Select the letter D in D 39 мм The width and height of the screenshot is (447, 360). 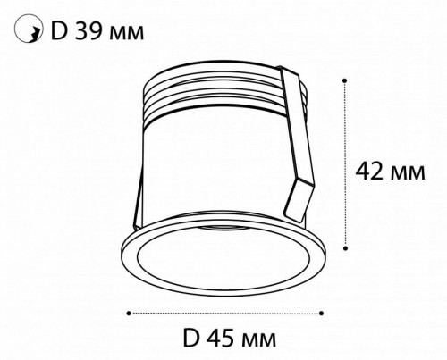[x=59, y=31]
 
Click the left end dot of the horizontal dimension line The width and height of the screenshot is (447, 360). [x=131, y=313]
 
